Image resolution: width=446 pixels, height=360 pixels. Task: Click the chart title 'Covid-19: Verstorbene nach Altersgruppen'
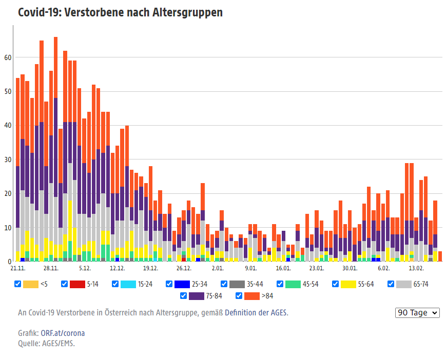[120, 12]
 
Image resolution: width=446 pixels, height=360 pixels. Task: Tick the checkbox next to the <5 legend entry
[18, 284]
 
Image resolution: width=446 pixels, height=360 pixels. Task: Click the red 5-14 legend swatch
[77, 284]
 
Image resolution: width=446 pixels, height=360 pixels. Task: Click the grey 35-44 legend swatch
[237, 284]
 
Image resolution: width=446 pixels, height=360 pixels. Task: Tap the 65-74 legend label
[420, 284]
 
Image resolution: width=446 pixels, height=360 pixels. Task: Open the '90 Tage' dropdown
[418, 313]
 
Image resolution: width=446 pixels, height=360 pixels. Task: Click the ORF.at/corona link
[63, 333]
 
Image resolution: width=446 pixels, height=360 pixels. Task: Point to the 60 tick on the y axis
[8, 57]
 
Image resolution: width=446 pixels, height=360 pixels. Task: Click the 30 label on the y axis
[8, 159]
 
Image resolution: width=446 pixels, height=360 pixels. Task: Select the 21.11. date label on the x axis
[18, 268]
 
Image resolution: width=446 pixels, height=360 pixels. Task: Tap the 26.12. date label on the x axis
[184, 268]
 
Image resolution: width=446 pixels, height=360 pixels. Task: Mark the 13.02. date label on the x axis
[416, 268]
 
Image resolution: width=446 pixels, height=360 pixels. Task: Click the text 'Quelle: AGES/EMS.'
[46, 344]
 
